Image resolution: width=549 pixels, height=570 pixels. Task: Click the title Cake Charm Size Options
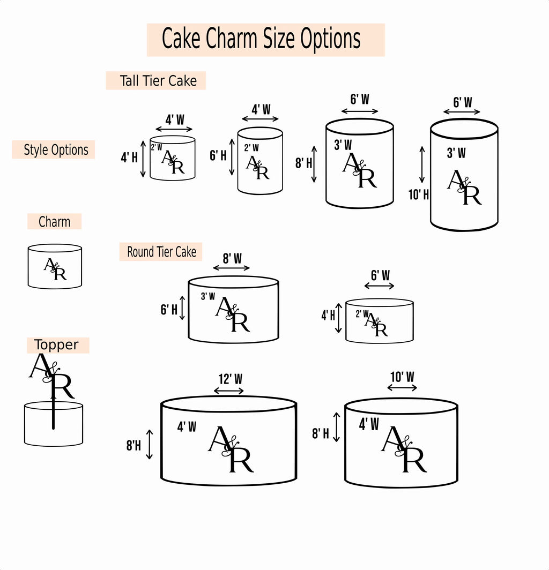point(261,39)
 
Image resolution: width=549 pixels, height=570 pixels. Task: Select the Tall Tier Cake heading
point(158,81)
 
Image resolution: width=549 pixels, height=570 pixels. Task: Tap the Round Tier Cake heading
point(161,252)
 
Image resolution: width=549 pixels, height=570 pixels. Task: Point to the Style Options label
point(56,150)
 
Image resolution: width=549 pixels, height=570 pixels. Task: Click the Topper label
point(56,344)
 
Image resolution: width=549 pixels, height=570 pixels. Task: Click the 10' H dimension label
point(419,195)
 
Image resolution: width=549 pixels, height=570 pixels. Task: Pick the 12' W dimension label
point(231,379)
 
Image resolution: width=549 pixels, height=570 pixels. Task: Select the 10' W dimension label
point(402,377)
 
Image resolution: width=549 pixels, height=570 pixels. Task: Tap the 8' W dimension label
point(232,258)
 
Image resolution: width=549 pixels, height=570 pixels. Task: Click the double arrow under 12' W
point(229,391)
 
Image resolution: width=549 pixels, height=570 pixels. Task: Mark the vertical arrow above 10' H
point(422,164)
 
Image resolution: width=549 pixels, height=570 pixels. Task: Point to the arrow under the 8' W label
point(232,268)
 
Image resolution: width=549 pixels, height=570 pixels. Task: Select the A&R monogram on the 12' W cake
point(231,449)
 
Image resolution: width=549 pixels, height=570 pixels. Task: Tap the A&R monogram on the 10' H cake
point(464,187)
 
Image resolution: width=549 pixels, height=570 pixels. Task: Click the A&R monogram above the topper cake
point(51,376)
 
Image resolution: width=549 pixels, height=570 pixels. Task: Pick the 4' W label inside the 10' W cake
point(369,424)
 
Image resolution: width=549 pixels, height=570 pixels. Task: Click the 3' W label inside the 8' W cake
point(208,296)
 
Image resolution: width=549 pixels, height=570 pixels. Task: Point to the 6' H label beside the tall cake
point(218,155)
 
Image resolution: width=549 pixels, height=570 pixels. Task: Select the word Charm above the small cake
point(55,222)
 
